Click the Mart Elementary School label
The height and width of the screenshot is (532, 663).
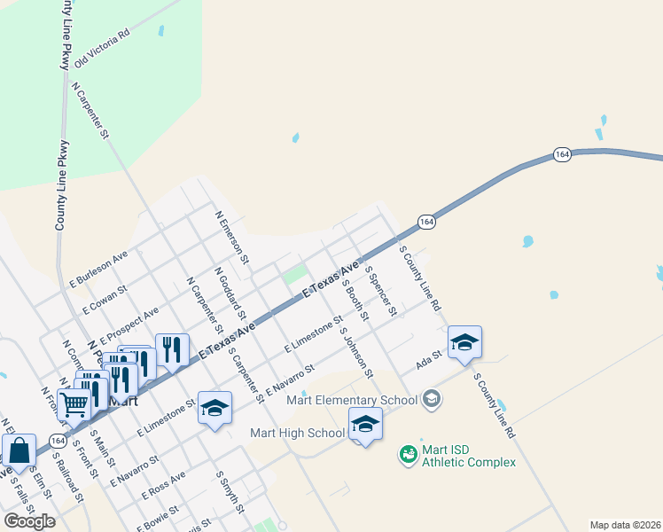point(352,400)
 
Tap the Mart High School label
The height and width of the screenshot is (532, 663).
point(297,433)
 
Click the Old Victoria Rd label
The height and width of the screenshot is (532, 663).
point(102,49)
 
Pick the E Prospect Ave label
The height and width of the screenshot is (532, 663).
point(129,325)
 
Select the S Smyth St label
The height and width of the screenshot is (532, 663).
point(230,491)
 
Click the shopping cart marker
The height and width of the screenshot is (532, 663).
point(75,404)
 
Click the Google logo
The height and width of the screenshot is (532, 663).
point(29,520)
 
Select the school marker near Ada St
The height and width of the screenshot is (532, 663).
point(464,342)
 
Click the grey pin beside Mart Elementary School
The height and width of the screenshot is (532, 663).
point(432,399)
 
